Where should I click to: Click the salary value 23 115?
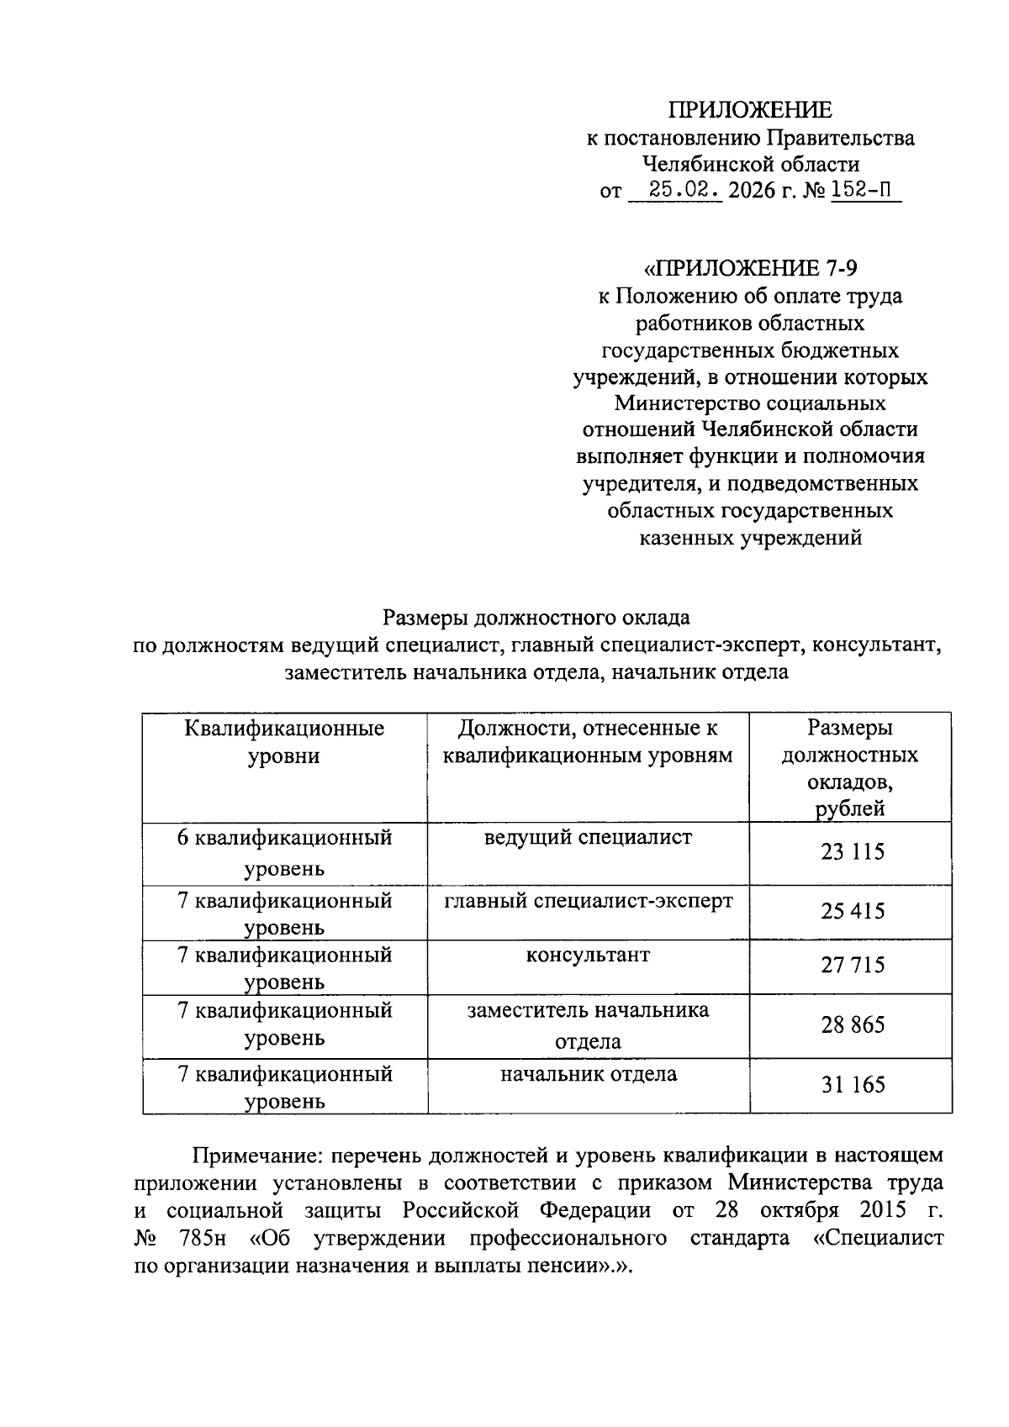[x=852, y=852]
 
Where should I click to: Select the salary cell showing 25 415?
[x=852, y=911]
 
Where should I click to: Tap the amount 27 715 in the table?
[x=852, y=965]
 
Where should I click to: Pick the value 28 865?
[x=852, y=1024]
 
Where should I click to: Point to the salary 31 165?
[x=852, y=1084]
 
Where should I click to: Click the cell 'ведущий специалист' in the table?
[x=588, y=837]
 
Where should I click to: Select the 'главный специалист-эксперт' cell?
[x=588, y=900]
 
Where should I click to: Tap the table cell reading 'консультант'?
[x=588, y=955]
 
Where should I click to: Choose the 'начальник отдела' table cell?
[x=588, y=1073]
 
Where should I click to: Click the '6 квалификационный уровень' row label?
[x=284, y=852]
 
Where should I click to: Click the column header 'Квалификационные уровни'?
[x=284, y=741]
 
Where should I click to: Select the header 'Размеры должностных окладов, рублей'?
[x=850, y=768]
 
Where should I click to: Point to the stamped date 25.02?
[x=675, y=191]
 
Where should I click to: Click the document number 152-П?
[x=863, y=191]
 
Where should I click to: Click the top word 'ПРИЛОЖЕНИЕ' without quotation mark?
[x=749, y=110]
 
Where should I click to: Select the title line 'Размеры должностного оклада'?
[x=536, y=618]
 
